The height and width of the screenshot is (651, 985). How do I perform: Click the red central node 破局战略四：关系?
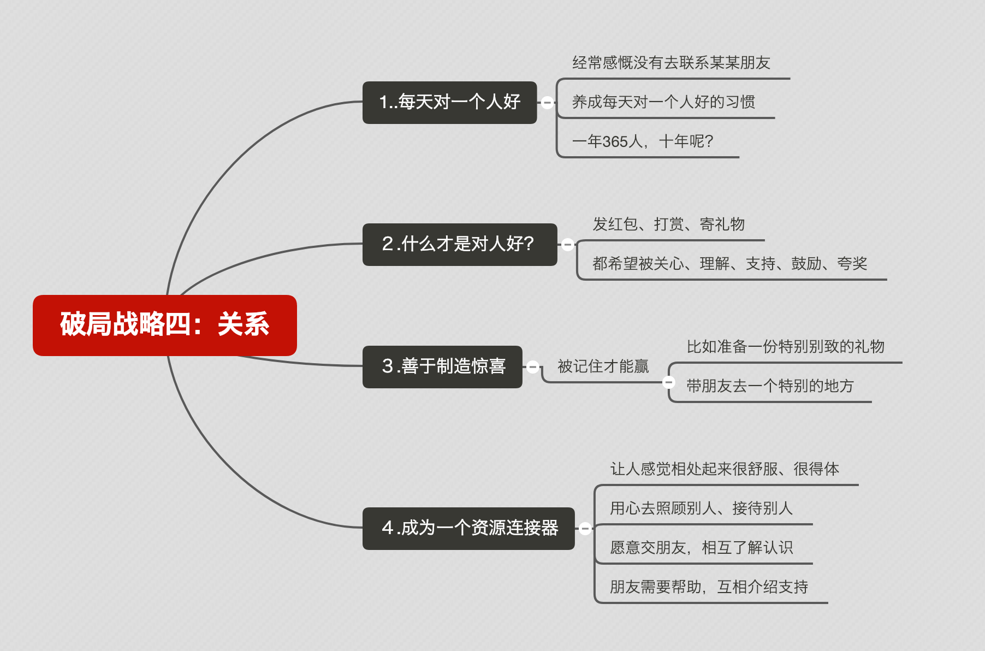(164, 325)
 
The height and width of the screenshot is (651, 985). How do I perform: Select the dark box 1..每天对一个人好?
(449, 103)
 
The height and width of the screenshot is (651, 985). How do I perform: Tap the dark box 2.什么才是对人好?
(459, 244)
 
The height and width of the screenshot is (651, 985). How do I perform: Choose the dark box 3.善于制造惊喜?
(442, 366)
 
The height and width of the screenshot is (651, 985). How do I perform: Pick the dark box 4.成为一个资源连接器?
(468, 528)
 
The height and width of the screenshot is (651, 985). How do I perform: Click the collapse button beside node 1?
(547, 102)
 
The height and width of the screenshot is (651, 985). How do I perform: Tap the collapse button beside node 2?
(567, 245)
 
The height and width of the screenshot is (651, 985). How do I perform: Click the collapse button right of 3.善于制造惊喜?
(533, 366)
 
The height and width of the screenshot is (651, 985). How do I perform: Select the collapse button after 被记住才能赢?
(668, 382)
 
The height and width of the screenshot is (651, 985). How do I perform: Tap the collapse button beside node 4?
(585, 528)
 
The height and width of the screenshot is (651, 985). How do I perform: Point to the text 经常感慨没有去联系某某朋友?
(670, 63)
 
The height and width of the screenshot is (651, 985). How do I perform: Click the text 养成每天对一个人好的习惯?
(663, 102)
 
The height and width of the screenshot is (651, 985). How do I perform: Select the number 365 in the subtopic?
(615, 142)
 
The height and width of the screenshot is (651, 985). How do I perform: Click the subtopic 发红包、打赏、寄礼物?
(668, 224)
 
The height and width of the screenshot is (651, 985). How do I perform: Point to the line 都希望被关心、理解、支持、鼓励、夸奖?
(729, 264)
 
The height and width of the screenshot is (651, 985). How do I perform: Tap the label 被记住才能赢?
(603, 366)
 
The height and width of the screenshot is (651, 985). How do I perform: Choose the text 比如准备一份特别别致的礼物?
(785, 347)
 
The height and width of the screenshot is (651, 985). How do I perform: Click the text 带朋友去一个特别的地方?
(769, 386)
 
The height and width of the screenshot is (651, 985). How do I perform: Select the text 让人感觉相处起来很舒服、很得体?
(724, 469)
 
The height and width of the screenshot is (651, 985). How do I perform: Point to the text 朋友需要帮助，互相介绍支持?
(709, 587)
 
